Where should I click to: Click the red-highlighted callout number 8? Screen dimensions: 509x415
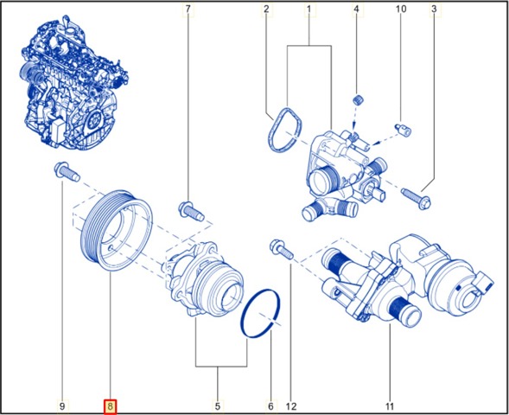click(x=110, y=405)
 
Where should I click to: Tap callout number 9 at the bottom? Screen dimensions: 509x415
click(x=62, y=405)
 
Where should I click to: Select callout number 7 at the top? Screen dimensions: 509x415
click(x=188, y=9)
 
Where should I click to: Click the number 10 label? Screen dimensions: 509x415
click(x=401, y=9)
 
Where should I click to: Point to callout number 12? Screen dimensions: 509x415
click(x=291, y=405)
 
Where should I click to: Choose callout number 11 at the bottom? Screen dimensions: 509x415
click(x=390, y=405)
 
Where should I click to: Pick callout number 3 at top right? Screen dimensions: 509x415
click(x=434, y=9)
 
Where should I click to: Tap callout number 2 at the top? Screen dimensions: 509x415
click(x=266, y=9)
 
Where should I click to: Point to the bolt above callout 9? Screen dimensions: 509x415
click(x=67, y=172)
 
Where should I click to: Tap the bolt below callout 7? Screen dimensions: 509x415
click(x=192, y=211)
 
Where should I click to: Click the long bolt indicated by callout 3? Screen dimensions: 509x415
click(x=417, y=198)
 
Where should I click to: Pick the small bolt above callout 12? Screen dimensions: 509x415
click(x=282, y=249)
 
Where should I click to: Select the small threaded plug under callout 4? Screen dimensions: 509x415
click(x=358, y=99)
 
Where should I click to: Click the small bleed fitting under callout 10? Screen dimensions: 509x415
click(x=403, y=130)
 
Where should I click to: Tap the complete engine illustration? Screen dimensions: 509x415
click(x=74, y=84)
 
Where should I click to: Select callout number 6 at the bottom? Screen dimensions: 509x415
click(x=270, y=405)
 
